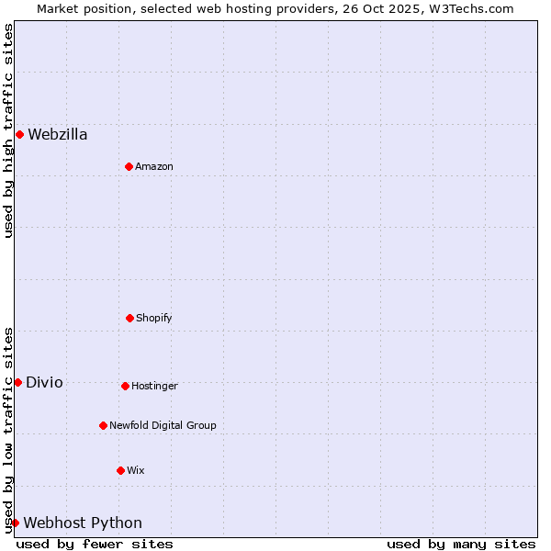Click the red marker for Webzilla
point(19,134)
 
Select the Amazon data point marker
point(129,166)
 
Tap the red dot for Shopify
point(129,318)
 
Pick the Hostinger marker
point(125,386)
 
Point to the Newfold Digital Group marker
point(103,425)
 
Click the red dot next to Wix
point(120,470)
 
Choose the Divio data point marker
point(17,382)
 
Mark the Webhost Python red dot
point(15,523)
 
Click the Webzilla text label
point(58,135)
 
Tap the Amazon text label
point(154,166)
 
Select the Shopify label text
point(154,318)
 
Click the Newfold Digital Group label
point(163,425)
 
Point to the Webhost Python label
point(83,523)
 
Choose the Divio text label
point(44,383)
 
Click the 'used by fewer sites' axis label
point(95,544)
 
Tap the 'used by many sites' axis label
point(461,544)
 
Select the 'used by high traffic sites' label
point(9,130)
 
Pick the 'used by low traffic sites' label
point(9,430)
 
